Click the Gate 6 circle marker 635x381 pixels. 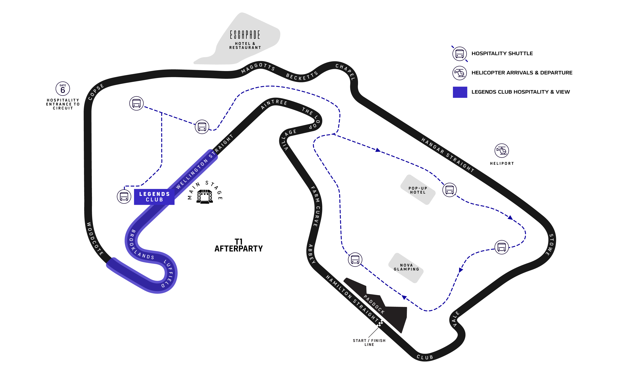(63, 89)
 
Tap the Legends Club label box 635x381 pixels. (154, 197)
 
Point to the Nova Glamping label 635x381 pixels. (406, 267)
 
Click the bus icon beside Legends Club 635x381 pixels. (124, 196)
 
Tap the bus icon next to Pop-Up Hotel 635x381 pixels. (450, 190)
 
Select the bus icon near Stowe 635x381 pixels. (501, 247)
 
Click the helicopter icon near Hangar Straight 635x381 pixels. (501, 150)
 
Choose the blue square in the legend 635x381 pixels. (460, 92)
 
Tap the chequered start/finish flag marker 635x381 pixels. (380, 323)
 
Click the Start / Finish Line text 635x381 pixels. (369, 343)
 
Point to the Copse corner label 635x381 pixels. (96, 92)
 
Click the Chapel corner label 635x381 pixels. (345, 72)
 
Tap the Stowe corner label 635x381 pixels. (550, 245)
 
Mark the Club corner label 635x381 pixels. (425, 357)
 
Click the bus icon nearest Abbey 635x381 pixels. (355, 260)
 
